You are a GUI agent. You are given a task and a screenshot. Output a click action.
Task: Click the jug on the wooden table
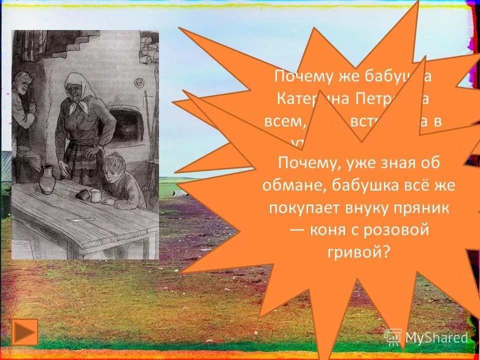click(x=46, y=178)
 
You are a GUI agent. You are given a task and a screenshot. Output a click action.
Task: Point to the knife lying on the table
click(x=80, y=219)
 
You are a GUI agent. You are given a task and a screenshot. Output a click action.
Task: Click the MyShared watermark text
click(x=436, y=337)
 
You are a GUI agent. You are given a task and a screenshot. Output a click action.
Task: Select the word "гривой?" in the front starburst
click(x=358, y=251)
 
